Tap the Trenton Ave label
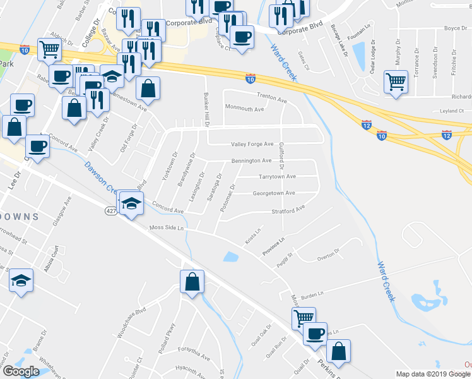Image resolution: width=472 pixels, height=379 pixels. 271,95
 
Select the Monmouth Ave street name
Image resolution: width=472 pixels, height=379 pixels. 244,109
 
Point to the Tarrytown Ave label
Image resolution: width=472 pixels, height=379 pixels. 278,177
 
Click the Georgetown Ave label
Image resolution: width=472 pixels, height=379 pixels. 274,193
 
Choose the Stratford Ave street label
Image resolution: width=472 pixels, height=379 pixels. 288,209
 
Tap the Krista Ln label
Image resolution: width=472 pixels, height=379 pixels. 253,238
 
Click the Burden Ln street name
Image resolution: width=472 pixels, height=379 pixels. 311,294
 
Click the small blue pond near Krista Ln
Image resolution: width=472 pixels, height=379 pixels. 230,256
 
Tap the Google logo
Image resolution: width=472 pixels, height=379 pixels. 21,371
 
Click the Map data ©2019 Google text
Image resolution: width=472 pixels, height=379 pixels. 434,374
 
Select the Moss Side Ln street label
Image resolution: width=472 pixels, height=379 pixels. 166,227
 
